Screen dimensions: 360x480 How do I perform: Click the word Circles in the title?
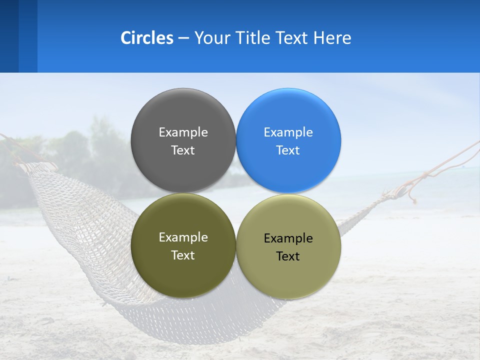click(x=146, y=38)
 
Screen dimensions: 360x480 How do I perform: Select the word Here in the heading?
click(x=332, y=38)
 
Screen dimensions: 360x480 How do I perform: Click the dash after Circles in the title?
click(x=183, y=38)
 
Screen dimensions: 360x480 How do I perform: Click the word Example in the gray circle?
click(x=183, y=132)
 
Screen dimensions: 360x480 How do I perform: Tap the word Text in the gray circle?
click(x=183, y=150)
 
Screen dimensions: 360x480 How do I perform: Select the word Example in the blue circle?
click(x=288, y=132)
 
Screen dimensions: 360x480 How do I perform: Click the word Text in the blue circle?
click(x=288, y=150)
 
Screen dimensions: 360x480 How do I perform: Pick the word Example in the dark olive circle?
click(x=183, y=237)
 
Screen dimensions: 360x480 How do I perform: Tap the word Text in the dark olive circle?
click(x=183, y=255)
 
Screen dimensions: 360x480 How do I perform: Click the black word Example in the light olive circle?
click(x=288, y=238)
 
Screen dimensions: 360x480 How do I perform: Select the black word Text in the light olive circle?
click(x=288, y=256)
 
